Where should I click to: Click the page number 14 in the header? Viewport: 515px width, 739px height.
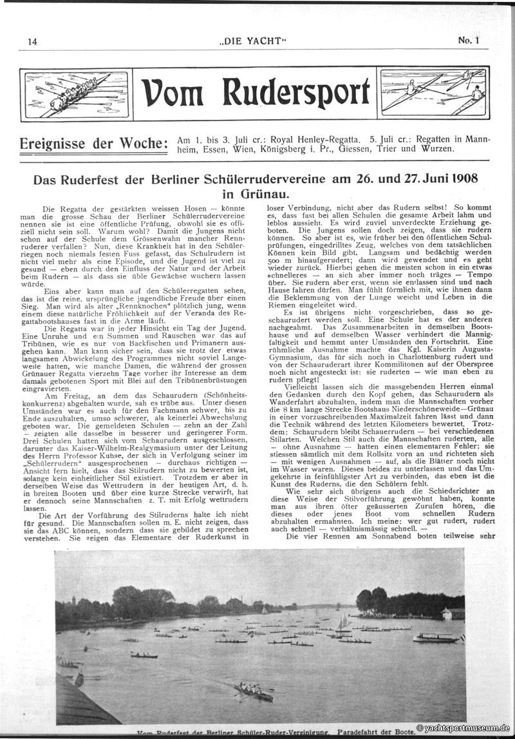(x=32, y=41)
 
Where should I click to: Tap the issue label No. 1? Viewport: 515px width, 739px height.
(x=469, y=41)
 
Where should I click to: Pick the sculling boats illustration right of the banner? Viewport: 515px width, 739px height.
(x=434, y=92)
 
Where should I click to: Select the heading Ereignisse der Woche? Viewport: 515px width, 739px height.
(x=93, y=143)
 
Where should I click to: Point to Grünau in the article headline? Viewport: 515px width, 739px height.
(x=263, y=193)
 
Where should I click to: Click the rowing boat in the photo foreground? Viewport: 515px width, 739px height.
(x=253, y=692)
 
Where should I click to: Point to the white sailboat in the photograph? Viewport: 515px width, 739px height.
(x=343, y=623)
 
